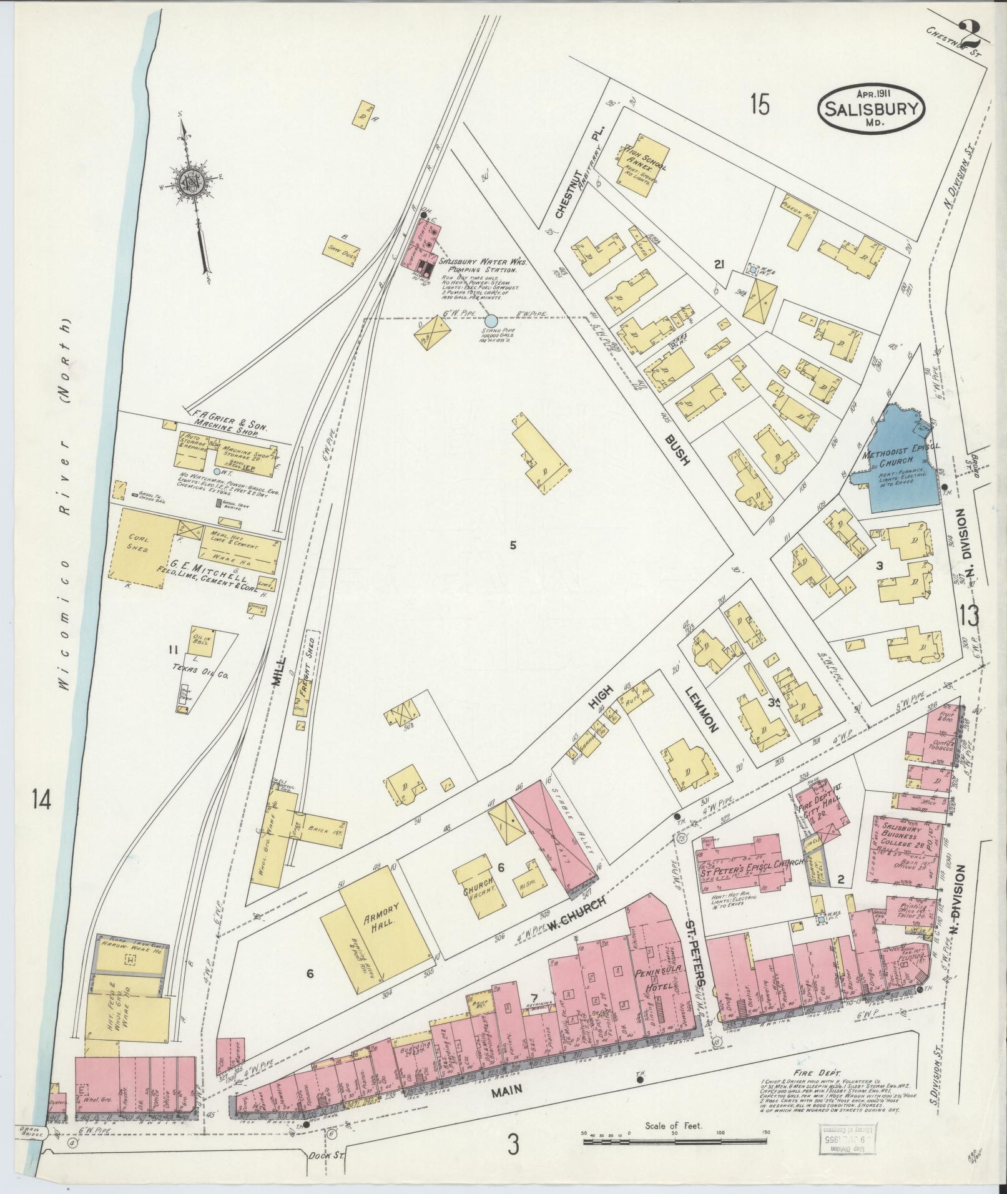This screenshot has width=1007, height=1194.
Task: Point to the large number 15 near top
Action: pyautogui.click(x=760, y=104)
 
